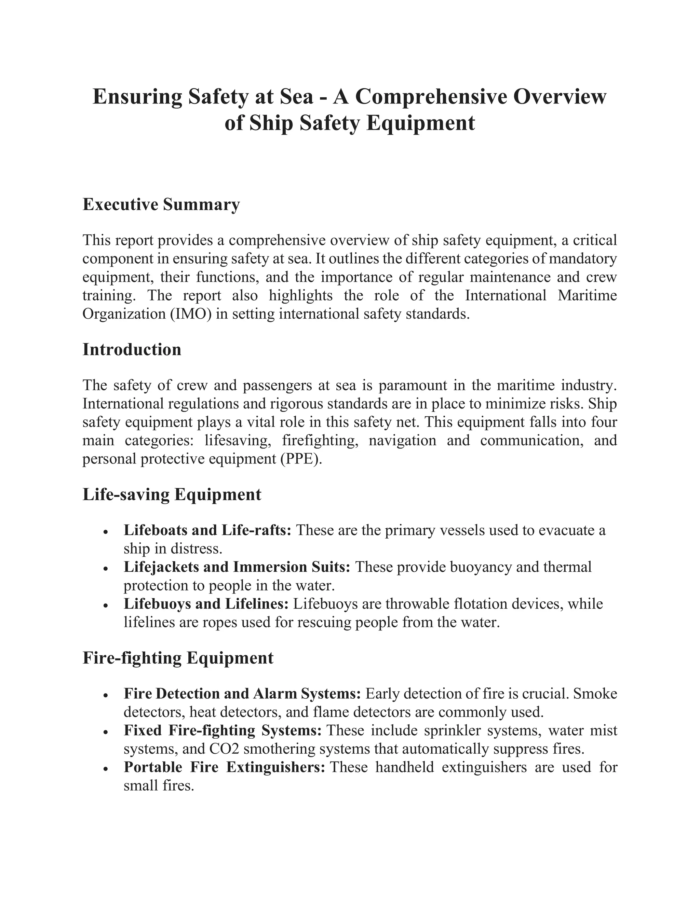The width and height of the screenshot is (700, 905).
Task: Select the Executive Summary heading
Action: [x=161, y=204]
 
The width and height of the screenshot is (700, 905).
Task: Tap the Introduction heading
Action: [x=132, y=349]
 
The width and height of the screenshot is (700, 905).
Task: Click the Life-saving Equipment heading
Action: [x=172, y=495]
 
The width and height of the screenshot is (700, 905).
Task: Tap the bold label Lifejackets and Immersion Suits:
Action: [x=237, y=567]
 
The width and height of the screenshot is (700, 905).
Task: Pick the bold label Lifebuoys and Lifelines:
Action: [x=206, y=604]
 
